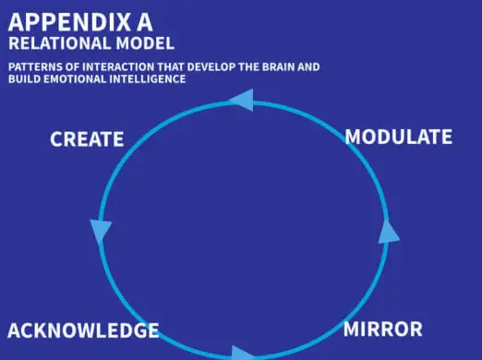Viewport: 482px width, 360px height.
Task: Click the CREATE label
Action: (x=87, y=139)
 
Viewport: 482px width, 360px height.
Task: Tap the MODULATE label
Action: (x=398, y=138)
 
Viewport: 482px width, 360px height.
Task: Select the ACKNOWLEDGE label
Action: (x=83, y=330)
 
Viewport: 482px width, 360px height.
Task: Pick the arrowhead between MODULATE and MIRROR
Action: (x=389, y=231)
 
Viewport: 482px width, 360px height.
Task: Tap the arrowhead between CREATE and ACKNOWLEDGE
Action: (x=99, y=231)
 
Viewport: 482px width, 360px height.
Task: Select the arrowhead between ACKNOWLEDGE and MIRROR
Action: (x=243, y=354)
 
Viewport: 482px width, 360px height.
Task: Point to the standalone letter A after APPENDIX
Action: (x=140, y=21)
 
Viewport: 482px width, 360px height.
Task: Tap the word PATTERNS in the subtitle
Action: (x=35, y=67)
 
